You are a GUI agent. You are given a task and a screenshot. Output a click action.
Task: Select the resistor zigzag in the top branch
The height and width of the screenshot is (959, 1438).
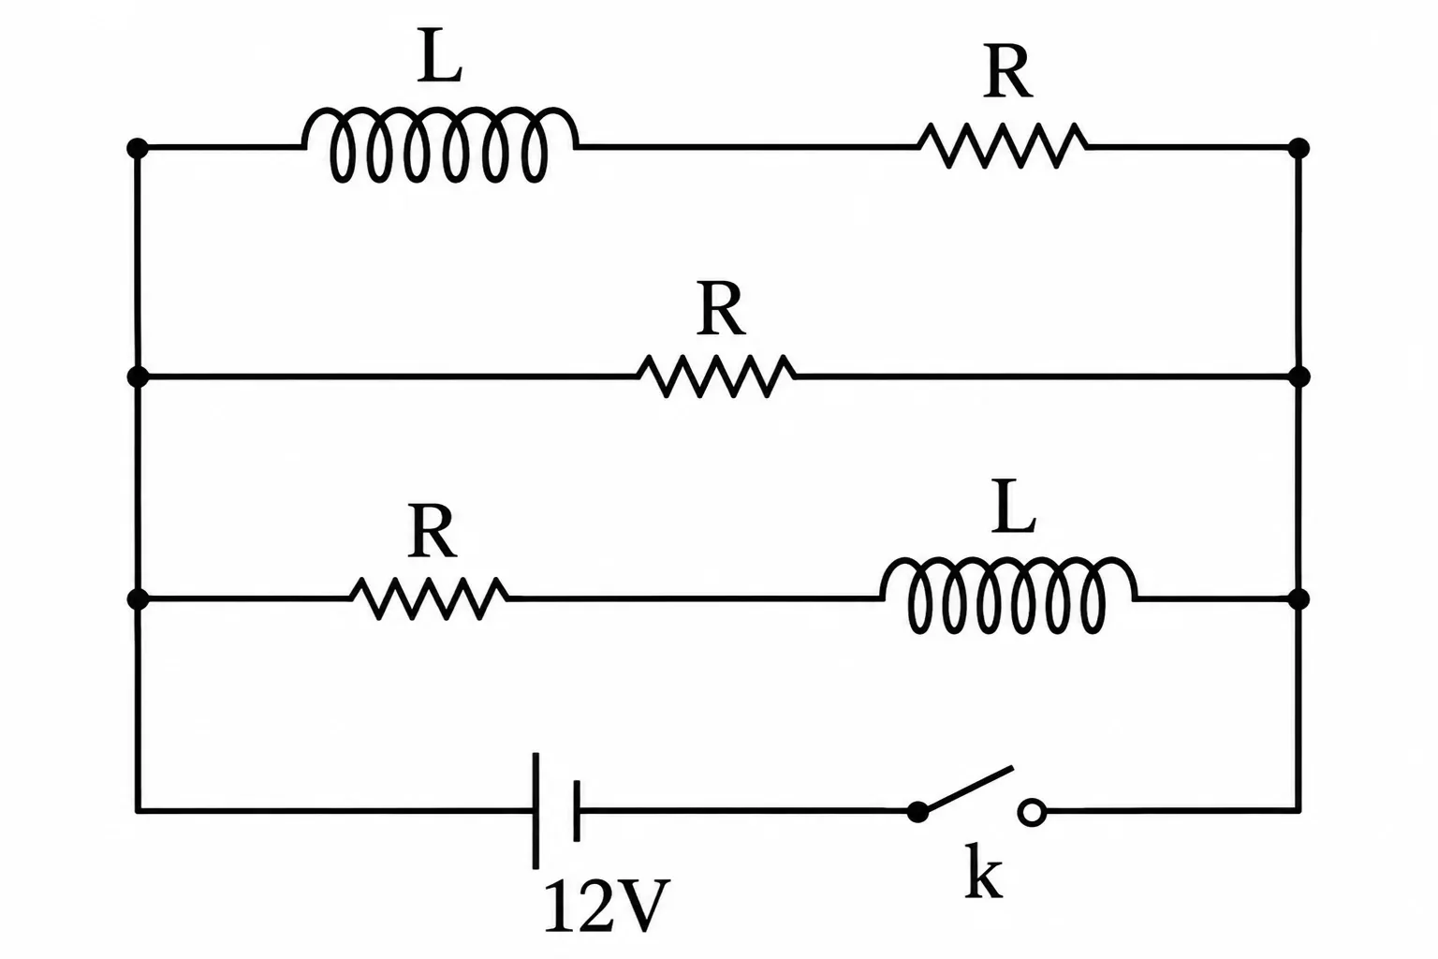(x=1003, y=146)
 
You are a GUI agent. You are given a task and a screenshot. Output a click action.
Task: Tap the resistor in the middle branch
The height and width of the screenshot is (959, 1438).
(x=717, y=376)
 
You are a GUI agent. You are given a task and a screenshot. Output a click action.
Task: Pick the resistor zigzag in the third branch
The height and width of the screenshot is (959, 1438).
(x=430, y=598)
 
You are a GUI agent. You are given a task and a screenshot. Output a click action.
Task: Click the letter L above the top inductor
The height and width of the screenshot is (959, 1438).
(x=440, y=55)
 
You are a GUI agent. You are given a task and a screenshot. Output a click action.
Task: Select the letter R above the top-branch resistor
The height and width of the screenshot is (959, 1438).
(x=1008, y=72)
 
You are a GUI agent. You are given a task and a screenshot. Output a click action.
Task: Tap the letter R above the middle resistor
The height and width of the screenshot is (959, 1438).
(x=721, y=308)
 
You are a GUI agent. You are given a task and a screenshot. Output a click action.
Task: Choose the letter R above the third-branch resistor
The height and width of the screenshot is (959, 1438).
(x=432, y=531)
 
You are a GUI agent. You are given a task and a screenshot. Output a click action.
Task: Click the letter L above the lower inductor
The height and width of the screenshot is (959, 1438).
(x=1013, y=506)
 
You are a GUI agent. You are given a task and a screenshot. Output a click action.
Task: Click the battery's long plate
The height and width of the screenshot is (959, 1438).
(x=536, y=811)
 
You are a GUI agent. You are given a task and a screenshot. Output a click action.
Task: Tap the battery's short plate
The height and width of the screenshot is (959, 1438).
(x=577, y=811)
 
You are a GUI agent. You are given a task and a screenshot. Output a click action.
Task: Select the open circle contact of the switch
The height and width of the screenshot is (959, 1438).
(x=1032, y=812)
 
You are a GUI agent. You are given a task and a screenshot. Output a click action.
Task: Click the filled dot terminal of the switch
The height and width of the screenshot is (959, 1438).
(x=918, y=812)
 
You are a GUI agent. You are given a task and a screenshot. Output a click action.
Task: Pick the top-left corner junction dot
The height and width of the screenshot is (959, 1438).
(x=138, y=148)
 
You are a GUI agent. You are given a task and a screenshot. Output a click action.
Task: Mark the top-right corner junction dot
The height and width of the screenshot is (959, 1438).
(x=1299, y=148)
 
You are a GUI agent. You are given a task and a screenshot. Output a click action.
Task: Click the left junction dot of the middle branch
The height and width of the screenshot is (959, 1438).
(x=138, y=376)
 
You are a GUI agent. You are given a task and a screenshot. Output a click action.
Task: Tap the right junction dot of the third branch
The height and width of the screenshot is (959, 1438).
(x=1299, y=599)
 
